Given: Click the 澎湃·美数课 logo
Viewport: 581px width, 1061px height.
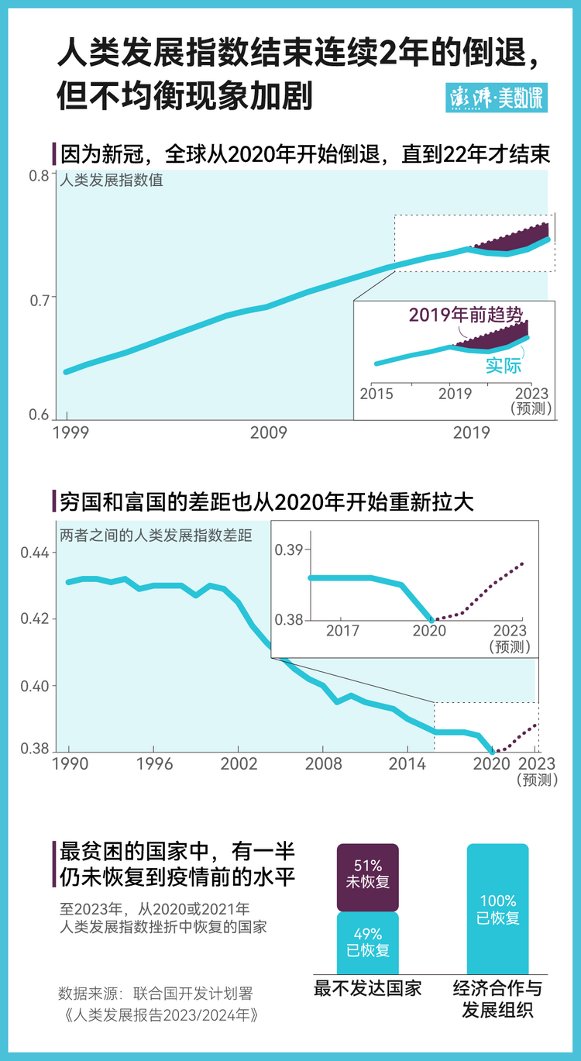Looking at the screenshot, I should tap(496, 98).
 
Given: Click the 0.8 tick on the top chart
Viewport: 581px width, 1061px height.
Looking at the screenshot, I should tap(40, 175).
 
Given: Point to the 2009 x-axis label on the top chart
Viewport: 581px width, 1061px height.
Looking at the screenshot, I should tap(269, 432).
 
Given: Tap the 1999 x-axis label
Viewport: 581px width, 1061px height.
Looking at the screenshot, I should tap(70, 432).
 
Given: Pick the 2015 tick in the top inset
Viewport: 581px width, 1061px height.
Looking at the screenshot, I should tap(376, 394).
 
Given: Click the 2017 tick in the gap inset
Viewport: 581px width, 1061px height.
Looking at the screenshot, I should tap(342, 631).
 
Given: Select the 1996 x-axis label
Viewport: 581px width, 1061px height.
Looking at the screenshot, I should tap(153, 763).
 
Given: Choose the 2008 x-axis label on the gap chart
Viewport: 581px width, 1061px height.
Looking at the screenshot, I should tap(323, 763).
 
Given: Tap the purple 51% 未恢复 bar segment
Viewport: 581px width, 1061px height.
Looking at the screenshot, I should tap(368, 876).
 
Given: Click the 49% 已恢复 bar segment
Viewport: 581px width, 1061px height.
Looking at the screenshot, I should tap(368, 942).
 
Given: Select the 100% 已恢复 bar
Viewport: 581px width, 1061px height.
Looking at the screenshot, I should tap(497, 909).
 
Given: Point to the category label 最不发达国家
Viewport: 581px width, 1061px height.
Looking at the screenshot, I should tap(368, 988).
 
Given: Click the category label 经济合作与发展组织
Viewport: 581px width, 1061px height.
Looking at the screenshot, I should tap(497, 999).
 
